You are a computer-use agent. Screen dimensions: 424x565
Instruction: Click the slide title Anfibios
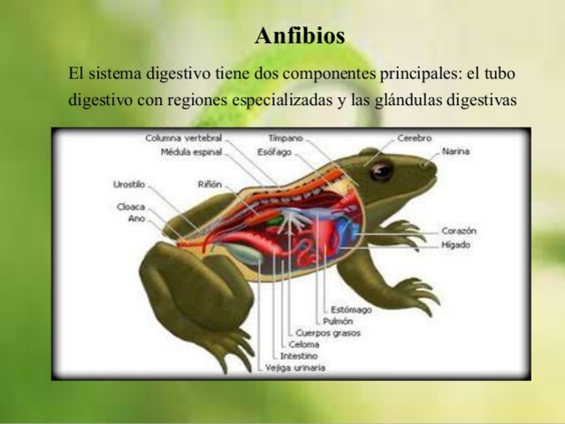[x=300, y=36]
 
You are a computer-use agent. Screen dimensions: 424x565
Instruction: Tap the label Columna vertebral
[x=183, y=139]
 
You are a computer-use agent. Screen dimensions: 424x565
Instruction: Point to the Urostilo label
[x=129, y=185]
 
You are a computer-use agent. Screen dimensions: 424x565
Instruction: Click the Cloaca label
[x=131, y=206]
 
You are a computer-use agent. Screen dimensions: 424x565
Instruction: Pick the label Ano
[x=136, y=217]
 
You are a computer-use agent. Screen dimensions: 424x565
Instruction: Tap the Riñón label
[x=210, y=185]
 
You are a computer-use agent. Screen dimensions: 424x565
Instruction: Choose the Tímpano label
[x=286, y=139]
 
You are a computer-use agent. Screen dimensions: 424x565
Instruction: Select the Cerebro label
[x=414, y=139]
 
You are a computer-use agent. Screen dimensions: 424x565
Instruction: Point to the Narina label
[x=456, y=151]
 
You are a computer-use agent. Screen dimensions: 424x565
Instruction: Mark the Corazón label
[x=460, y=231]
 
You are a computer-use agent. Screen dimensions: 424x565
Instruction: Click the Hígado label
[x=456, y=244]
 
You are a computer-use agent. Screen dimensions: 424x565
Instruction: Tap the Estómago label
[x=351, y=310]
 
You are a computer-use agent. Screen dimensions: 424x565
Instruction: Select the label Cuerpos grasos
[x=328, y=333]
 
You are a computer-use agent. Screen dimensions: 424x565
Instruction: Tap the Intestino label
[x=299, y=356]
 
